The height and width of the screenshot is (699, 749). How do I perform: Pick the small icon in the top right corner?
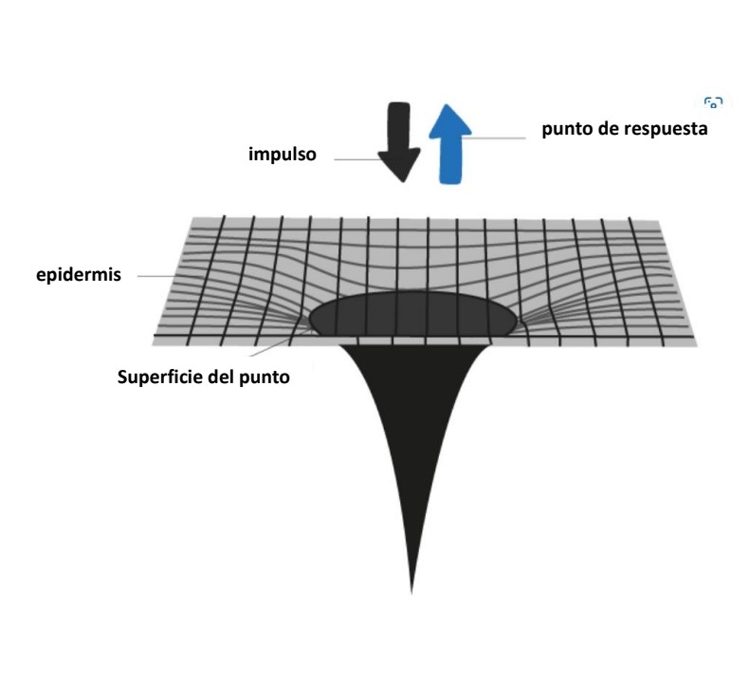pyautogui.click(x=714, y=102)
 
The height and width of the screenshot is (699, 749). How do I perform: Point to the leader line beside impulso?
pyautogui.click(x=360, y=158)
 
